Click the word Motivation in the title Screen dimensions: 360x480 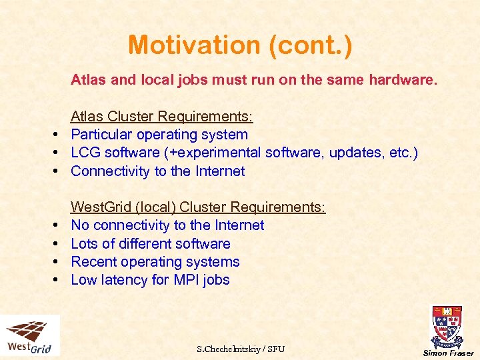tap(189, 45)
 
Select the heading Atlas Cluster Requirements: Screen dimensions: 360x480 tap(162, 117)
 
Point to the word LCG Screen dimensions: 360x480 tap(87, 153)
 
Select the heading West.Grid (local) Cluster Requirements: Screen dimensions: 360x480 tap(198, 207)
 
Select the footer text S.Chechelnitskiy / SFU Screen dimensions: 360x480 tap(241, 349)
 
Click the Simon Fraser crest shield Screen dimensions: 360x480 tap(447, 325)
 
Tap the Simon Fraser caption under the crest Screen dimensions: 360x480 tap(449, 353)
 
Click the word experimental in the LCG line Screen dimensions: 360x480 tap(218, 153)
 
